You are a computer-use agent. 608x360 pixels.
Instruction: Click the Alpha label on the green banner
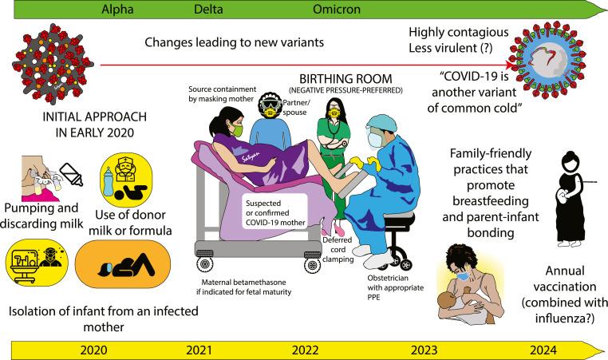coord(117,10)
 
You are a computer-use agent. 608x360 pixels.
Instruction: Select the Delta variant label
coord(208,10)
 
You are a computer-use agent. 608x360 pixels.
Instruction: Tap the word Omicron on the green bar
coord(337,10)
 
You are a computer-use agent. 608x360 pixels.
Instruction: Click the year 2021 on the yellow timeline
coord(199,350)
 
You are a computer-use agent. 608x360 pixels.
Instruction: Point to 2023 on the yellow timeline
coord(424,350)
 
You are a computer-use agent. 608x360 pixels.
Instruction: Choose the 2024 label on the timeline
coord(543,350)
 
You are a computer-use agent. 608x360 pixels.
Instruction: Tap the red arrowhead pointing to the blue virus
coord(511,65)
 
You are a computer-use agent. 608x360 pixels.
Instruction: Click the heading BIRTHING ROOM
coord(345,79)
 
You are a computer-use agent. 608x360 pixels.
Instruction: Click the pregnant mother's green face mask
coord(237,130)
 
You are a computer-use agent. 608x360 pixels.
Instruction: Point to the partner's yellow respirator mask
coord(270,112)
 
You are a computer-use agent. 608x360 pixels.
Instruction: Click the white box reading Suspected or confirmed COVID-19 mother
coord(276,212)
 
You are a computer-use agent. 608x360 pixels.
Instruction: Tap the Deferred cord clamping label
coord(338,249)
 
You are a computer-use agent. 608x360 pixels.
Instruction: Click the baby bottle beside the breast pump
coord(71,174)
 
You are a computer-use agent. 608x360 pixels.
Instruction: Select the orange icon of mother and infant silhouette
coord(123,263)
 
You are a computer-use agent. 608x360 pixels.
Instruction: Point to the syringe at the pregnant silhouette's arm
coord(586,182)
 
